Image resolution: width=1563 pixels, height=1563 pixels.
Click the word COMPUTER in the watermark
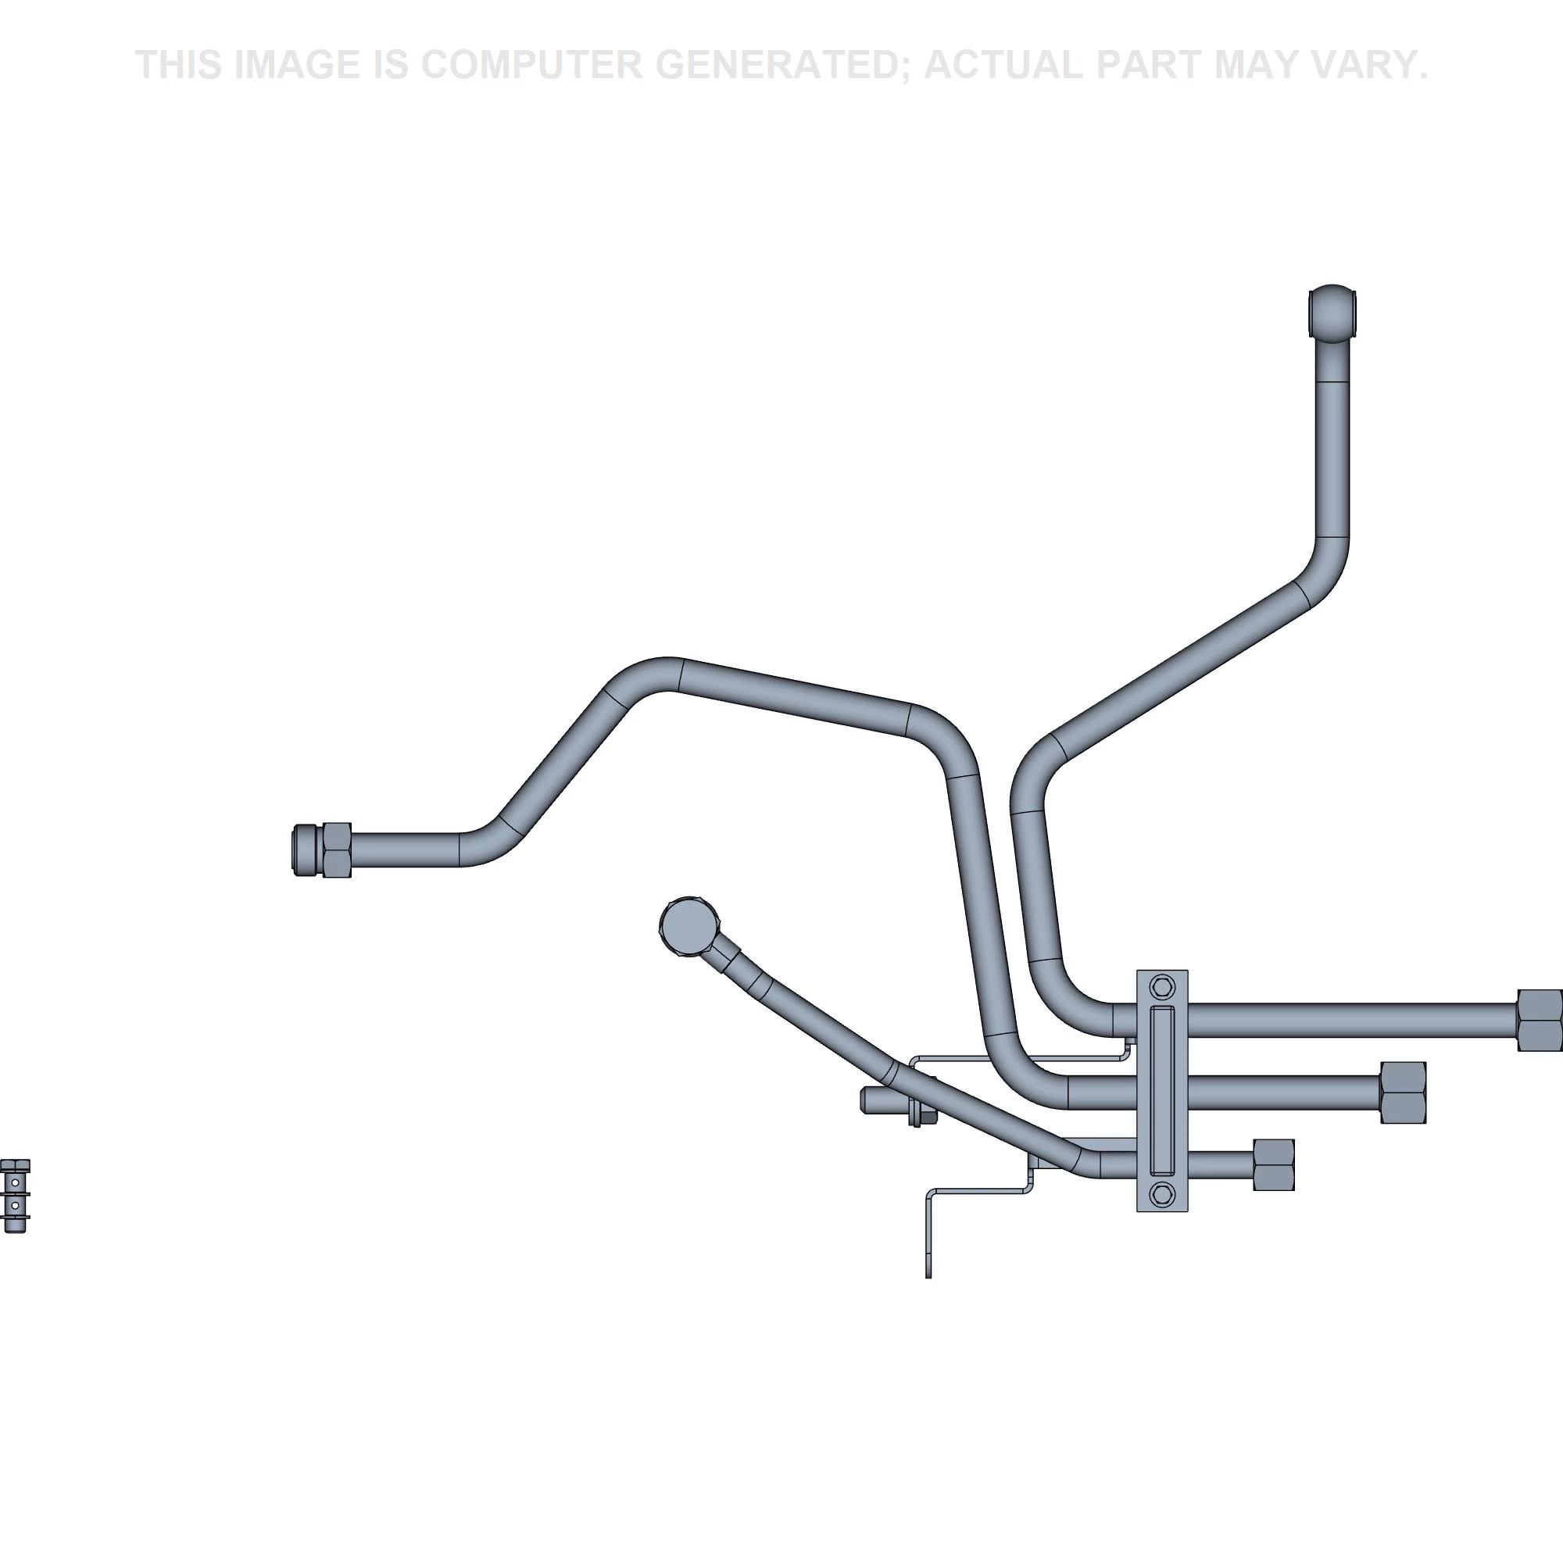coord(531,65)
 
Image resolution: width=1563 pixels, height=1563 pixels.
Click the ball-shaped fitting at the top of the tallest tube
coord(1332,313)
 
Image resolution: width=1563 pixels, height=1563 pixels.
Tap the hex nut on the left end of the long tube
coord(337,850)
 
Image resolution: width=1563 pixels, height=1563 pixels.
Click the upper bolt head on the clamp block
coord(1163,987)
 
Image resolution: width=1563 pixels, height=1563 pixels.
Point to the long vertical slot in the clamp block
coord(1163,1090)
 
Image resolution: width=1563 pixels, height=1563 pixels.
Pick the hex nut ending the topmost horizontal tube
coord(1539,1020)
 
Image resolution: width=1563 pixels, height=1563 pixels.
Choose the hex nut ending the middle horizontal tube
coord(1402,1093)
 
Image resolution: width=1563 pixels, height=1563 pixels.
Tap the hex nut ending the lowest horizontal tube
coord(1273,1165)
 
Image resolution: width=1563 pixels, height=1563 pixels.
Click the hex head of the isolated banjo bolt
coord(16,1166)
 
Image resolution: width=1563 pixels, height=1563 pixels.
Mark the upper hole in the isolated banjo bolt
coord(16,1182)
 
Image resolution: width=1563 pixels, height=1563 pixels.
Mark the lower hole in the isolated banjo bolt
coord(16,1204)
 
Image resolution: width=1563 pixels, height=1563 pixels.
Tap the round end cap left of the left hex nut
coord(306,850)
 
